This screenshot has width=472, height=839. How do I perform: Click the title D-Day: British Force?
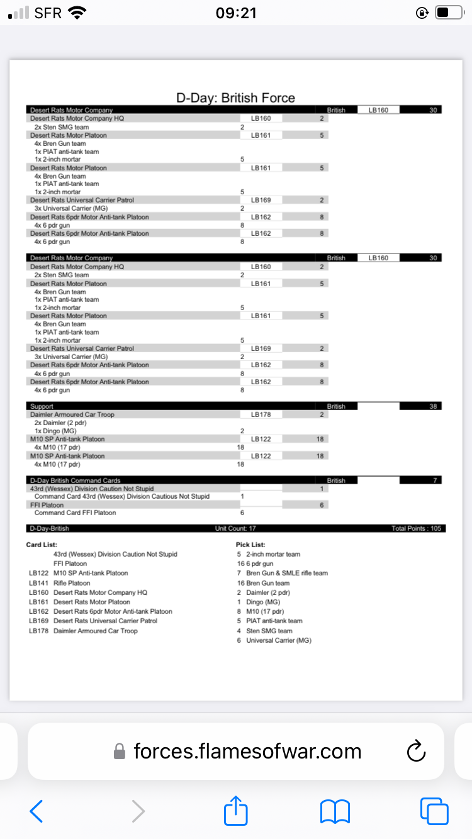235,97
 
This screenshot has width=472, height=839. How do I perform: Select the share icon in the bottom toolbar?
236,811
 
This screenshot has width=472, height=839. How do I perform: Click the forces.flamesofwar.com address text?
247,750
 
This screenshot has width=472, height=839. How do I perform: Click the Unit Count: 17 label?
235,528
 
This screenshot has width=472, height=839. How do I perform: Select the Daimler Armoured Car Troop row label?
72,414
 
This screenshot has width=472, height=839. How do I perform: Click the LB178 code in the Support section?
261,414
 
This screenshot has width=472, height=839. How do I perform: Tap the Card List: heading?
42,545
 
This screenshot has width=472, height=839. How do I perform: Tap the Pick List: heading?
250,545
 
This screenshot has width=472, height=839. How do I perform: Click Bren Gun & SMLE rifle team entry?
286,573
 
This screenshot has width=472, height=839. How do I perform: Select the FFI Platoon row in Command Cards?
47,504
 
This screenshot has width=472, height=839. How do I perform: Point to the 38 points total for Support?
433,406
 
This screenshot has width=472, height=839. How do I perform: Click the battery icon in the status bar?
448,13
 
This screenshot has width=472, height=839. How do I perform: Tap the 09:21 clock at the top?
236,13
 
